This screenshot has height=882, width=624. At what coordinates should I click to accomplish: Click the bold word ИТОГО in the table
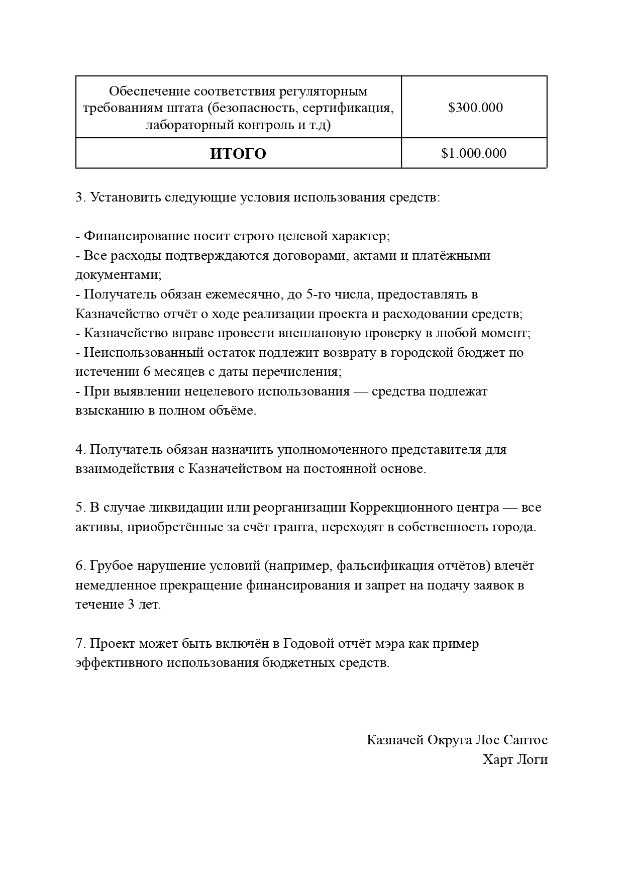click(x=238, y=153)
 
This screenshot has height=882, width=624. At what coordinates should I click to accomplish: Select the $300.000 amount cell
click(x=475, y=108)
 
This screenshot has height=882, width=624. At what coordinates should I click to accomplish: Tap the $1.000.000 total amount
click(x=474, y=153)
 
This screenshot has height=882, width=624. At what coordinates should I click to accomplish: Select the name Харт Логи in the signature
click(x=515, y=759)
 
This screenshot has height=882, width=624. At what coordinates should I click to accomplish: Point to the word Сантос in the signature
click(x=526, y=740)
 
